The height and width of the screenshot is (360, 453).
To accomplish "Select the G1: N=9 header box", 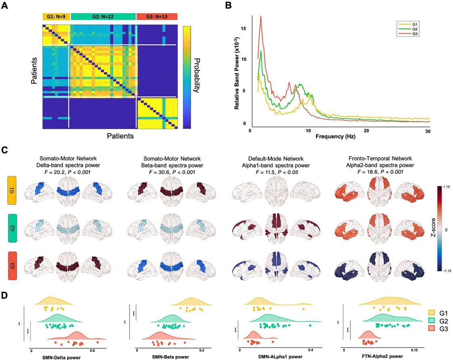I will pos(56,17).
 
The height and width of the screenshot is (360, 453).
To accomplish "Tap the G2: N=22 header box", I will pos(103,17).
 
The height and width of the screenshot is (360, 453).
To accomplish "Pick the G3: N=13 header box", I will pos(157,17).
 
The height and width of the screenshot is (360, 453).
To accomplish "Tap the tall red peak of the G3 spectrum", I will pos(261,17).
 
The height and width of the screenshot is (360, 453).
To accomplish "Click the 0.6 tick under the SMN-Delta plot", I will pos(92,350).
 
